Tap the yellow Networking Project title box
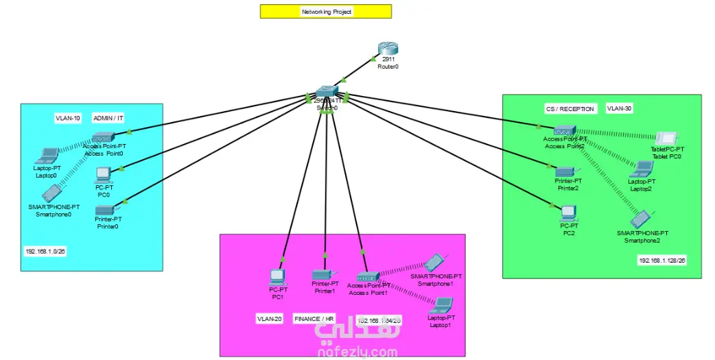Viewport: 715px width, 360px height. click(326, 12)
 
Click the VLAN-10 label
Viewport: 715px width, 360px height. click(68, 119)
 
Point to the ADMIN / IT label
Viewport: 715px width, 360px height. click(108, 119)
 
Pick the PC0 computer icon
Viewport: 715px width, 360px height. click(104, 173)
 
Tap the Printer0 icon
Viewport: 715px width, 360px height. click(105, 208)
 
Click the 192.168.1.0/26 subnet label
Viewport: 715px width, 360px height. click(45, 251)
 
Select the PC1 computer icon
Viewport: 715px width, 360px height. click(277, 277)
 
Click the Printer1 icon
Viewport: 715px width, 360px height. click(322, 274)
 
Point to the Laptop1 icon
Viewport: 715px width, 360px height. click(443, 304)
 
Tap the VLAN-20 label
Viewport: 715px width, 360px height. click(270, 319)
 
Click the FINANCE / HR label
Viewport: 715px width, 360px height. click(314, 319)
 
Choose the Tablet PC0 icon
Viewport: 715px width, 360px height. click(667, 138)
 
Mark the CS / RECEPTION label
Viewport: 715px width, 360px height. click(570, 109)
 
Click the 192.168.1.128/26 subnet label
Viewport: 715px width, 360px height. click(662, 261)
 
